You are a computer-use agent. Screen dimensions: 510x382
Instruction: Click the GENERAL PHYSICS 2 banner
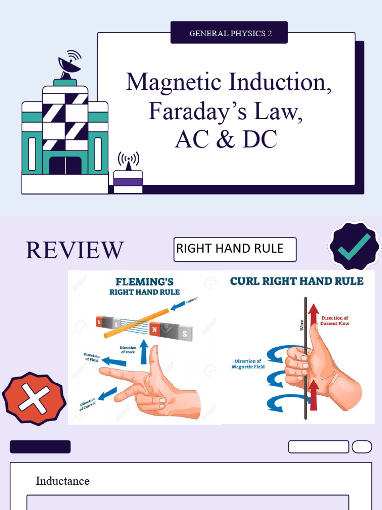tap(229, 33)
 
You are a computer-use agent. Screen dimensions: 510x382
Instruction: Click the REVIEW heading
tap(75, 250)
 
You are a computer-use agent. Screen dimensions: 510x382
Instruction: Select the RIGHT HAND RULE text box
tap(235, 249)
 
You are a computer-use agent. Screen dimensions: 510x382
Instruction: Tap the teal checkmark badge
tap(354, 246)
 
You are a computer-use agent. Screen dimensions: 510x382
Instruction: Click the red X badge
tap(33, 398)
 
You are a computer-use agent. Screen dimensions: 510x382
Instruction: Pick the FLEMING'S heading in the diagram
tap(144, 281)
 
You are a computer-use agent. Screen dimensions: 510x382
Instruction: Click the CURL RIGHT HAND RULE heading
tap(296, 281)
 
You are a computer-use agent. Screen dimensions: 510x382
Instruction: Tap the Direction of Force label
tap(128, 349)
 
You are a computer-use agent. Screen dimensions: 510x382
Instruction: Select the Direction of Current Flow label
tap(335, 321)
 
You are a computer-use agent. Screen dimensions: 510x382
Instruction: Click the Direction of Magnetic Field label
tap(248, 364)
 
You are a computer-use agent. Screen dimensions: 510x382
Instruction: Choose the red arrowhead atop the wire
tap(313, 310)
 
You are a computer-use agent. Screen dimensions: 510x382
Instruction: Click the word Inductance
tap(63, 481)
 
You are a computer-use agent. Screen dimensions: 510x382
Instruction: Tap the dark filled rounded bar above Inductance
tap(40, 447)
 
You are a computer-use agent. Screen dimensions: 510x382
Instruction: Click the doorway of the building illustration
tap(65, 165)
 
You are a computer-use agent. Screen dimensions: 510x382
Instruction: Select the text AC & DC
tap(225, 140)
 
